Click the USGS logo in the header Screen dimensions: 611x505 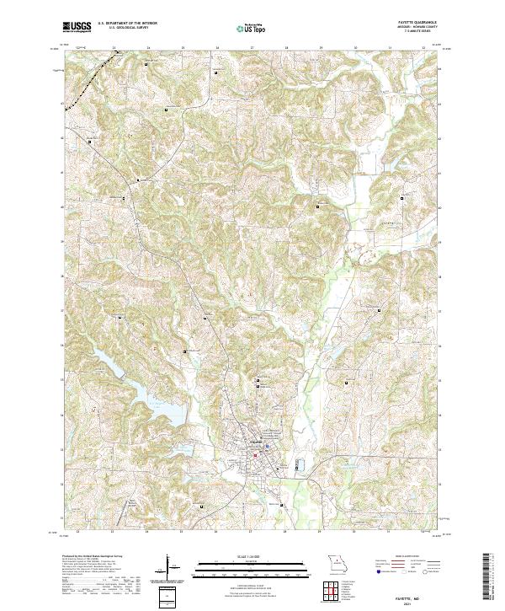coord(77,27)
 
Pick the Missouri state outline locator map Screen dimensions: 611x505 coord(338,562)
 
